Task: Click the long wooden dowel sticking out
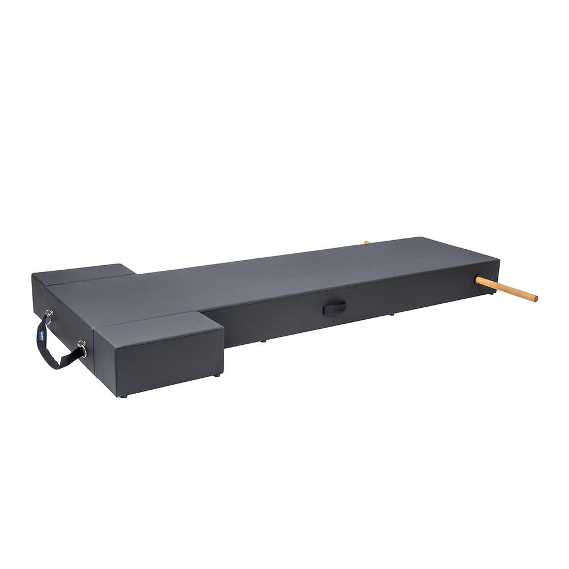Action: (506, 288)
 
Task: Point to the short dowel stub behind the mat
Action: (368, 242)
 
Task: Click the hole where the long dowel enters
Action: (477, 279)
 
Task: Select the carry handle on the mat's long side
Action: (334, 308)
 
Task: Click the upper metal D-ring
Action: (49, 314)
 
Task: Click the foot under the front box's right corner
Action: (218, 376)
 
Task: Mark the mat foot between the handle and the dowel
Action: (391, 314)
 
